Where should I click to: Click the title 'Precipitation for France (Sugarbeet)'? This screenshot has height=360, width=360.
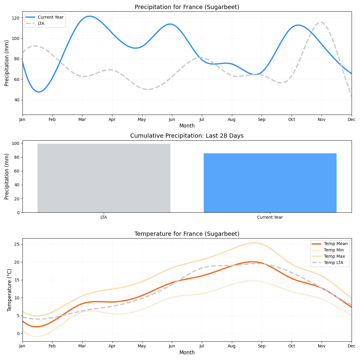[x=187, y=7]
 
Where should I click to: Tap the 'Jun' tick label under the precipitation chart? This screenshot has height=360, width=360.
[x=172, y=119]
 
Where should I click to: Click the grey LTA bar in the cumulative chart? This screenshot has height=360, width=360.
[x=104, y=178]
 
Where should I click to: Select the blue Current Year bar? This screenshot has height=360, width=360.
[x=270, y=183]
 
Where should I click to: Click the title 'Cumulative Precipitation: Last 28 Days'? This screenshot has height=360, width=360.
[x=187, y=136]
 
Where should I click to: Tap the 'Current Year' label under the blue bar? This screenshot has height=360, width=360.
[x=270, y=217]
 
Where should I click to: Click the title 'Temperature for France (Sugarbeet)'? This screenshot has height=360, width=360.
[x=187, y=234]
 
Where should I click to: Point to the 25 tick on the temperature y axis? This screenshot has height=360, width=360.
[x=17, y=244]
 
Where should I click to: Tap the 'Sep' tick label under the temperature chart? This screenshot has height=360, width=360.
[x=262, y=346]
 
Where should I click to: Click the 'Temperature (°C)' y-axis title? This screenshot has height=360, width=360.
[x=9, y=290]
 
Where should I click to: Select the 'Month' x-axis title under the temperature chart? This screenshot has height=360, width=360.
[x=187, y=353]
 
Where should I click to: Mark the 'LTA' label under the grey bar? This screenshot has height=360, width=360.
[x=104, y=217]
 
